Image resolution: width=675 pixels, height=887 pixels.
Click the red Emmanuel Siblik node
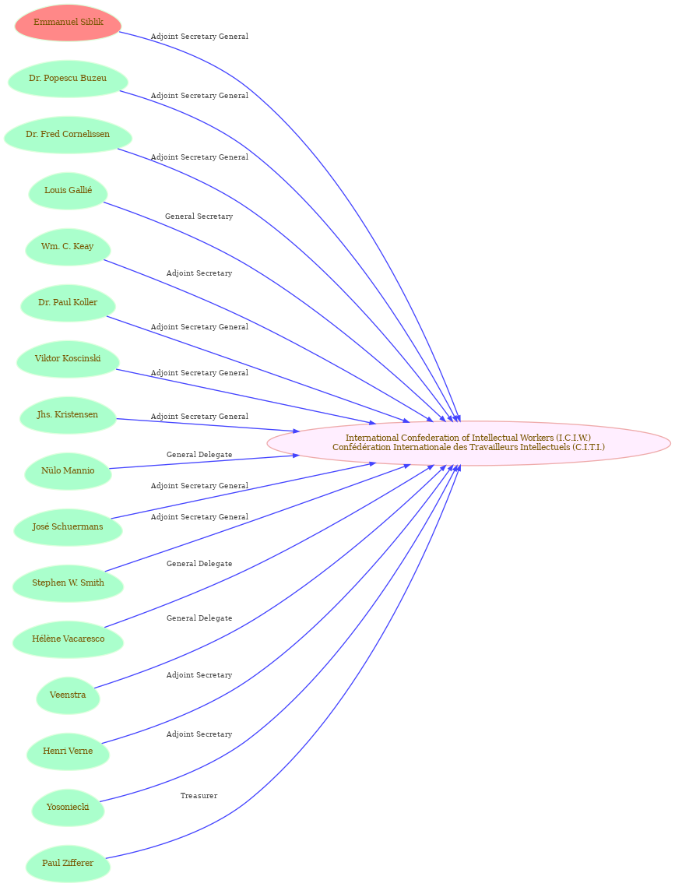(x=69, y=23)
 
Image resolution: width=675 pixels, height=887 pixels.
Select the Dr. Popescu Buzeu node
(x=68, y=79)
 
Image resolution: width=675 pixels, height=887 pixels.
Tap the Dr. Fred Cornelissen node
(x=68, y=135)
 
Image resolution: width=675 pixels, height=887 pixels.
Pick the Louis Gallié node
(x=68, y=191)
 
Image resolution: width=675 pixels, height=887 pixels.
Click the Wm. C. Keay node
(x=68, y=247)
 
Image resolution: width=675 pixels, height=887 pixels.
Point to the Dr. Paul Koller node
(x=68, y=303)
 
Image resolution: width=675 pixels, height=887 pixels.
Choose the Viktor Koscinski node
(x=68, y=359)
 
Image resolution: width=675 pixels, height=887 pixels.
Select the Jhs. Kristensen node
(x=68, y=414)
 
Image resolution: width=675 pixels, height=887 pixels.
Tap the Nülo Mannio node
(x=68, y=470)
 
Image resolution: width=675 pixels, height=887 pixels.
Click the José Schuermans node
(x=68, y=526)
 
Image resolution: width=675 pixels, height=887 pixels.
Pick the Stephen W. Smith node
(x=68, y=583)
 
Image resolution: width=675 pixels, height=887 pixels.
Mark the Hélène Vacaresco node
(x=68, y=639)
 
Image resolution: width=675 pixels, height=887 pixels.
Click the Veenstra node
(x=68, y=695)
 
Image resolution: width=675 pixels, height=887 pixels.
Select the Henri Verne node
(x=68, y=751)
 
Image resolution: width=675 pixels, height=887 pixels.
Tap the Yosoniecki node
(x=68, y=807)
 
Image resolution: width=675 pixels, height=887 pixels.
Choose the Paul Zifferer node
(x=68, y=863)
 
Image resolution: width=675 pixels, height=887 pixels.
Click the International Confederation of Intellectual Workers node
(x=469, y=443)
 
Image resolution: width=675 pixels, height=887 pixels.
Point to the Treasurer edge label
(x=199, y=796)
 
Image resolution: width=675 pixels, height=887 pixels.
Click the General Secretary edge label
(x=199, y=216)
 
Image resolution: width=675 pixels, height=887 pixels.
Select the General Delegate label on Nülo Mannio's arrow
(x=199, y=455)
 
